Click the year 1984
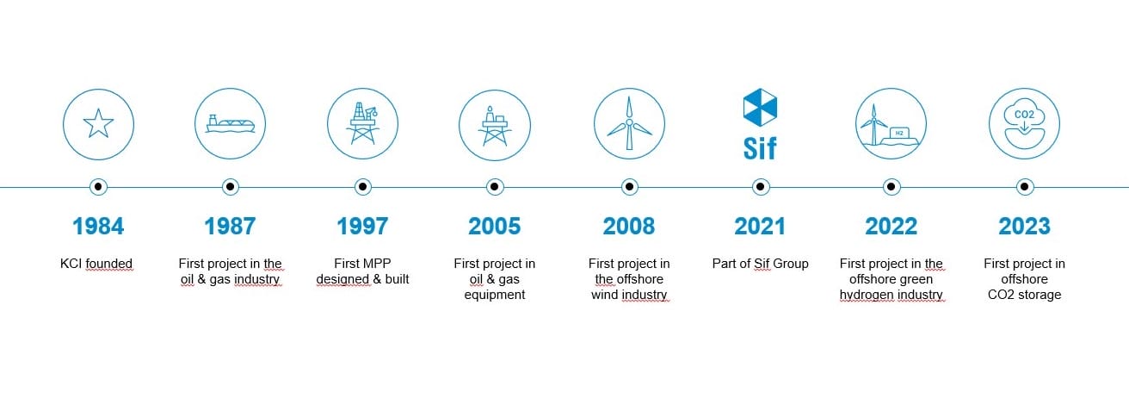(x=98, y=227)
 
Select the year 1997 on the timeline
(x=362, y=227)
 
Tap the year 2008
(x=629, y=227)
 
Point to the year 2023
(x=1025, y=227)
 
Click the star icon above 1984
(x=98, y=124)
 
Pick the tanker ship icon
(x=230, y=124)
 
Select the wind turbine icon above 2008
(x=629, y=124)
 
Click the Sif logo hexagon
(x=760, y=107)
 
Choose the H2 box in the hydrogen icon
(x=900, y=133)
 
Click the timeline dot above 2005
(x=495, y=187)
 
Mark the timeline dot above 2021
(x=761, y=187)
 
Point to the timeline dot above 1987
(x=231, y=187)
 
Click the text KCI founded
(x=96, y=264)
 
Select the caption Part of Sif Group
(x=760, y=264)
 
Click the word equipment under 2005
(x=495, y=295)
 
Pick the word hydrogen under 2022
(x=864, y=295)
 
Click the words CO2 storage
(x=1025, y=295)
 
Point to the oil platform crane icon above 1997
(x=362, y=124)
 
